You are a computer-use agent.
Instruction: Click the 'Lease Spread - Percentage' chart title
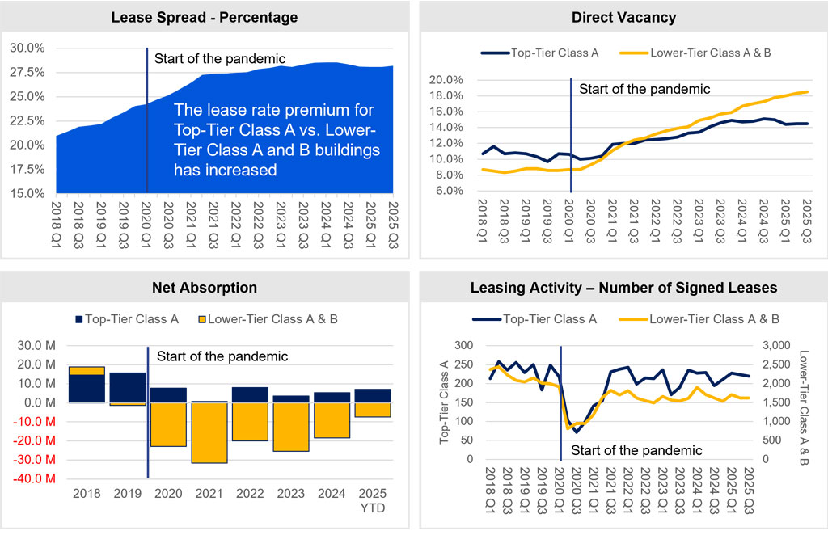click(205, 17)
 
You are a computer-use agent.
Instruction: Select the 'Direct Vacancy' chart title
click(623, 17)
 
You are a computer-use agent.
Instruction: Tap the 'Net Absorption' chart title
click(205, 287)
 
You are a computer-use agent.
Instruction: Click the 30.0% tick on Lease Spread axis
click(27, 48)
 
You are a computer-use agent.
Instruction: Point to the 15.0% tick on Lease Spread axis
click(27, 193)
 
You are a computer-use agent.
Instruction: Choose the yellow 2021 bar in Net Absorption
click(208, 432)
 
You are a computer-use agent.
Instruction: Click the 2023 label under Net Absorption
click(290, 493)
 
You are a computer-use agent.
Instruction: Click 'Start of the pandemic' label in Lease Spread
click(218, 57)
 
